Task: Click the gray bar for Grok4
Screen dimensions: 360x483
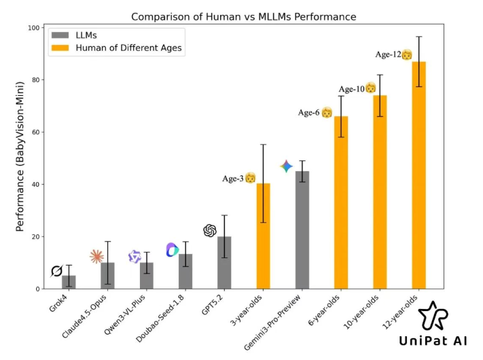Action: (69, 282)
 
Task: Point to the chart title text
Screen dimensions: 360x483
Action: (243, 16)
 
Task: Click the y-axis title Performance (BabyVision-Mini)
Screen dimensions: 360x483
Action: (21, 158)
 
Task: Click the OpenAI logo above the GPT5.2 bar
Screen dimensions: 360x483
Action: (210, 231)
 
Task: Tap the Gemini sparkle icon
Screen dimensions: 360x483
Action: (287, 166)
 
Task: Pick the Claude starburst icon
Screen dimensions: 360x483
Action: (97, 256)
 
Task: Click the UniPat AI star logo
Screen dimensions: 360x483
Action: (433, 316)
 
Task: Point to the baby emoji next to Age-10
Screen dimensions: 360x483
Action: (370, 88)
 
